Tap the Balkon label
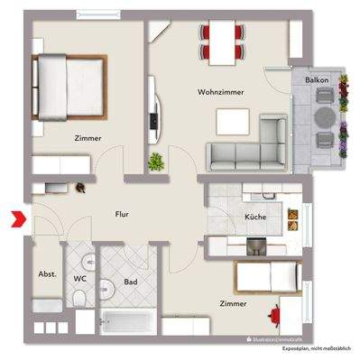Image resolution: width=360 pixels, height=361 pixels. [x=317, y=80]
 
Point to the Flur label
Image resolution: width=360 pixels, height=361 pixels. [x=124, y=215]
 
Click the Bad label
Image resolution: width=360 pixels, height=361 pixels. [x=130, y=282]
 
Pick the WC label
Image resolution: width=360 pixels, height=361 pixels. [x=79, y=280]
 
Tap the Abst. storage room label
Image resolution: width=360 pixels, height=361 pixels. [x=47, y=274]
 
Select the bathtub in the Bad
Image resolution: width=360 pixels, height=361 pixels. [x=127, y=322]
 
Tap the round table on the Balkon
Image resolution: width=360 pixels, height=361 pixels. [x=323, y=117]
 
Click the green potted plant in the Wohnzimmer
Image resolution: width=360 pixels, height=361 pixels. [x=157, y=162]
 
